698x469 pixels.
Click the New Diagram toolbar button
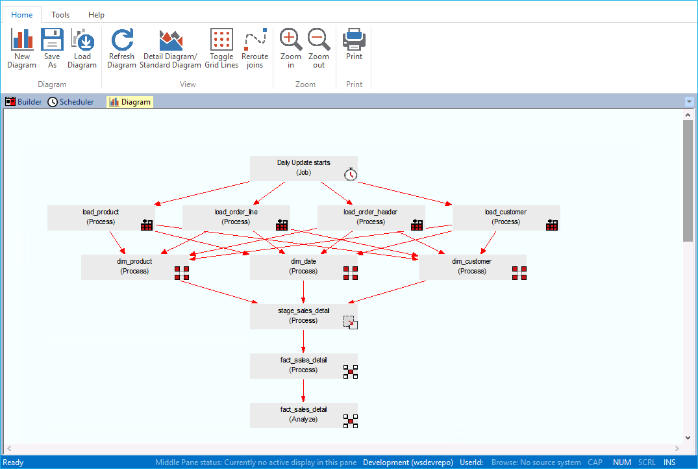(22, 48)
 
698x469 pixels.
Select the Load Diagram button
(82, 48)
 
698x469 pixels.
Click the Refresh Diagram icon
(121, 48)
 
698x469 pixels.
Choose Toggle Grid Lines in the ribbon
(221, 48)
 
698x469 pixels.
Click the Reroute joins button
(255, 48)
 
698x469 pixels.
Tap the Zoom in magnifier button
(291, 48)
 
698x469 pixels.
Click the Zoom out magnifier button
(319, 48)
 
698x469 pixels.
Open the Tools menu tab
(60, 15)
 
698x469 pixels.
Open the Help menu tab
(96, 15)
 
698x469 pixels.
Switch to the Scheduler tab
(71, 102)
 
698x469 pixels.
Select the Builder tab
(24, 102)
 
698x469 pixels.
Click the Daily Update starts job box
(303, 168)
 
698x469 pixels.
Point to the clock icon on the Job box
(351, 174)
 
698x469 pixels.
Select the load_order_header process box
(371, 217)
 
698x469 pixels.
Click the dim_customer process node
(472, 266)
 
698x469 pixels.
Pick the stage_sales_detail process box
(303, 316)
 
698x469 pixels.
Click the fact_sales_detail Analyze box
(303, 414)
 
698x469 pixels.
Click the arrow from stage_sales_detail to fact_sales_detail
(303, 341)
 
